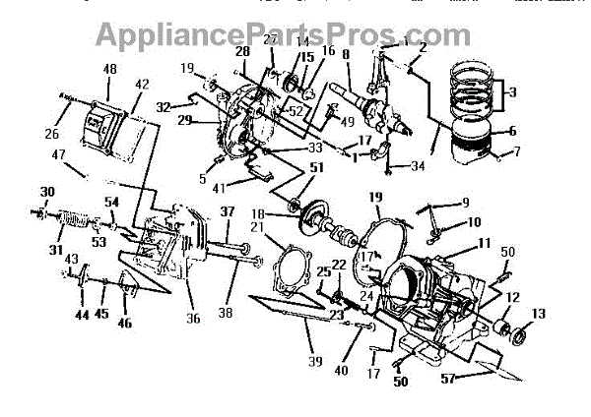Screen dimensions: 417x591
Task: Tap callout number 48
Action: click(x=109, y=70)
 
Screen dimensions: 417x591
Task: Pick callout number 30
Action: click(x=47, y=191)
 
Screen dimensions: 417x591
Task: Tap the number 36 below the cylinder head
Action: click(x=193, y=318)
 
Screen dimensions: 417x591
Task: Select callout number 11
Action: click(x=484, y=241)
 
